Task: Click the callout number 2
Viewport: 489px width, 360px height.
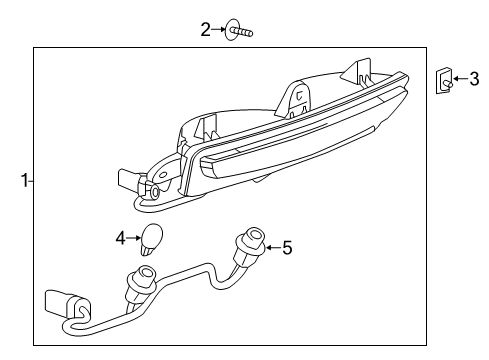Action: pos(205,29)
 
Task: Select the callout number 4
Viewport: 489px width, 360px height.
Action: pos(120,238)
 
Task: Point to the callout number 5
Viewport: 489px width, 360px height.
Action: pos(287,246)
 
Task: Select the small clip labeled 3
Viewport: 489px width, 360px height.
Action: pos(442,80)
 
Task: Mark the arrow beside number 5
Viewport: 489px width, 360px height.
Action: pos(272,246)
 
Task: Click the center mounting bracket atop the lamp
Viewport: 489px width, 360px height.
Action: pos(296,97)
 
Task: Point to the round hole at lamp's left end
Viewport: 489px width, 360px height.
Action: pos(154,189)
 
